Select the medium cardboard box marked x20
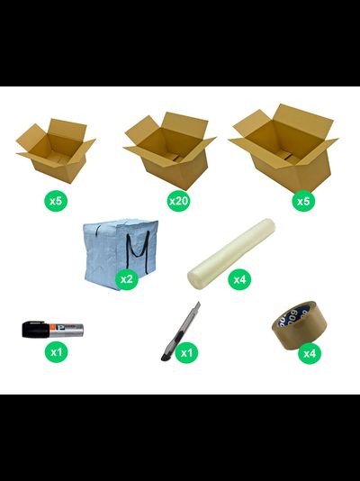click(169, 150)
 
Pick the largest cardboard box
click(283, 149)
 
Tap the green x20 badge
click(178, 201)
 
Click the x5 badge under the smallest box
click(56, 201)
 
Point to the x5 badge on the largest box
click(303, 201)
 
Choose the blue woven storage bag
click(121, 254)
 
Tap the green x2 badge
click(127, 279)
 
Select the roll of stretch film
click(231, 253)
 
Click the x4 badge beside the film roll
click(239, 279)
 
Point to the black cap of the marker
click(35, 330)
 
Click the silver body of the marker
click(67, 330)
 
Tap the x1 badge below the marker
click(56, 352)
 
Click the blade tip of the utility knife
click(199, 303)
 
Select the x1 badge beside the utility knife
click(186, 352)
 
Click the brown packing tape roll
click(299, 326)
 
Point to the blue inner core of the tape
click(297, 313)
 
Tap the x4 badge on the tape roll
click(310, 353)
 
